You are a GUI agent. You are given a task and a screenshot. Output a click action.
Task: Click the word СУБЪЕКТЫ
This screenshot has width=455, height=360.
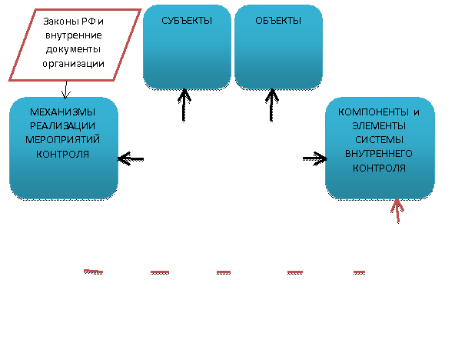tap(187, 21)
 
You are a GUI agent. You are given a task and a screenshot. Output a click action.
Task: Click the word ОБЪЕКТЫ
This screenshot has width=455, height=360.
tap(278, 21)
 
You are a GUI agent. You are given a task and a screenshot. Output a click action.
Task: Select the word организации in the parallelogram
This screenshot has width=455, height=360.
tap(74, 64)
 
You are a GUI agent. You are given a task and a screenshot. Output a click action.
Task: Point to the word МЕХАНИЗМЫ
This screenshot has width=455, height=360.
tap(62, 112)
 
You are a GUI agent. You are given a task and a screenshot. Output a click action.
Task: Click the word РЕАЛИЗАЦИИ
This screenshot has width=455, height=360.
tap(62, 126)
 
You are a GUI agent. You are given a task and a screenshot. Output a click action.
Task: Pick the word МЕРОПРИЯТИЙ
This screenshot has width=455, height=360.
tap(62, 140)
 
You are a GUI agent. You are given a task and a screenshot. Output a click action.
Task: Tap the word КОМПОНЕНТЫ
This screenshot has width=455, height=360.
tap(374, 112)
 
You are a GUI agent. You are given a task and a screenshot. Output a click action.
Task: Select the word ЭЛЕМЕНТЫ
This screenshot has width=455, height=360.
tap(379, 126)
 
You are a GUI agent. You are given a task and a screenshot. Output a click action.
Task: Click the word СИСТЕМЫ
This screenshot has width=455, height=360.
tap(379, 140)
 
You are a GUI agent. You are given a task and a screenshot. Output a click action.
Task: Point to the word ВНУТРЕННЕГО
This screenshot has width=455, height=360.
tap(379, 154)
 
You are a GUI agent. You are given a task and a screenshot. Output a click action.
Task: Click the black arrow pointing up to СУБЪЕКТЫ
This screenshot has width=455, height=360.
tap(184, 105)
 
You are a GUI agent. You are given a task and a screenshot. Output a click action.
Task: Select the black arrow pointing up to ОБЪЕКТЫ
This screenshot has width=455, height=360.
tap(271, 105)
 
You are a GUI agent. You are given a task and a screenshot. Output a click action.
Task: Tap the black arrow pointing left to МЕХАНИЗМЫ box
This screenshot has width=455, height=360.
tap(131, 158)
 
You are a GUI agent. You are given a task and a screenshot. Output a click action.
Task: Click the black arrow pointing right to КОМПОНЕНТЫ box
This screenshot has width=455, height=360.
tap(315, 158)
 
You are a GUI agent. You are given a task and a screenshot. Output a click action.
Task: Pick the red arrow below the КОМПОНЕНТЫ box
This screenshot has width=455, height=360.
tap(397, 211)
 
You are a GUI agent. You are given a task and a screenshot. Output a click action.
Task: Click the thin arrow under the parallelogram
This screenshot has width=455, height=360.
tap(66, 90)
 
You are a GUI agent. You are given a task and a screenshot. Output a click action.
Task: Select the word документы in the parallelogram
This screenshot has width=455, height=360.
tap(73, 49)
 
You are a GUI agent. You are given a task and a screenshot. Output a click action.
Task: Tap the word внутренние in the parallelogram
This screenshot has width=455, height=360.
tap(74, 35)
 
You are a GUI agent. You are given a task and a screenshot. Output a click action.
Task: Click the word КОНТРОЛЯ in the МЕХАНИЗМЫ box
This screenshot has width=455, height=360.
tap(62, 154)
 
